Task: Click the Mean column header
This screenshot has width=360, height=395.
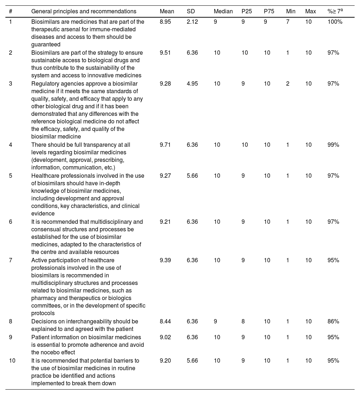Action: coord(167,12)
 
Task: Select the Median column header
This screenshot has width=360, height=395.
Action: coord(223,12)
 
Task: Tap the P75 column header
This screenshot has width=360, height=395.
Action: coord(269,12)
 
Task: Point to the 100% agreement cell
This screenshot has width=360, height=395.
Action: coord(335,22)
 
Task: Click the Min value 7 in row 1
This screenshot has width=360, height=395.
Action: coord(288,22)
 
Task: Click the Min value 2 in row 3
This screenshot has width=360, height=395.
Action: coord(288,84)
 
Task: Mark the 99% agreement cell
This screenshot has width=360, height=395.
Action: coord(333,145)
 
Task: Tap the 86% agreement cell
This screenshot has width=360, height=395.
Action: coord(333,322)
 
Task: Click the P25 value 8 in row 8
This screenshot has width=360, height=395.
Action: coord(243,322)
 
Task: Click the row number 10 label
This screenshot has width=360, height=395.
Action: coord(12,360)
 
